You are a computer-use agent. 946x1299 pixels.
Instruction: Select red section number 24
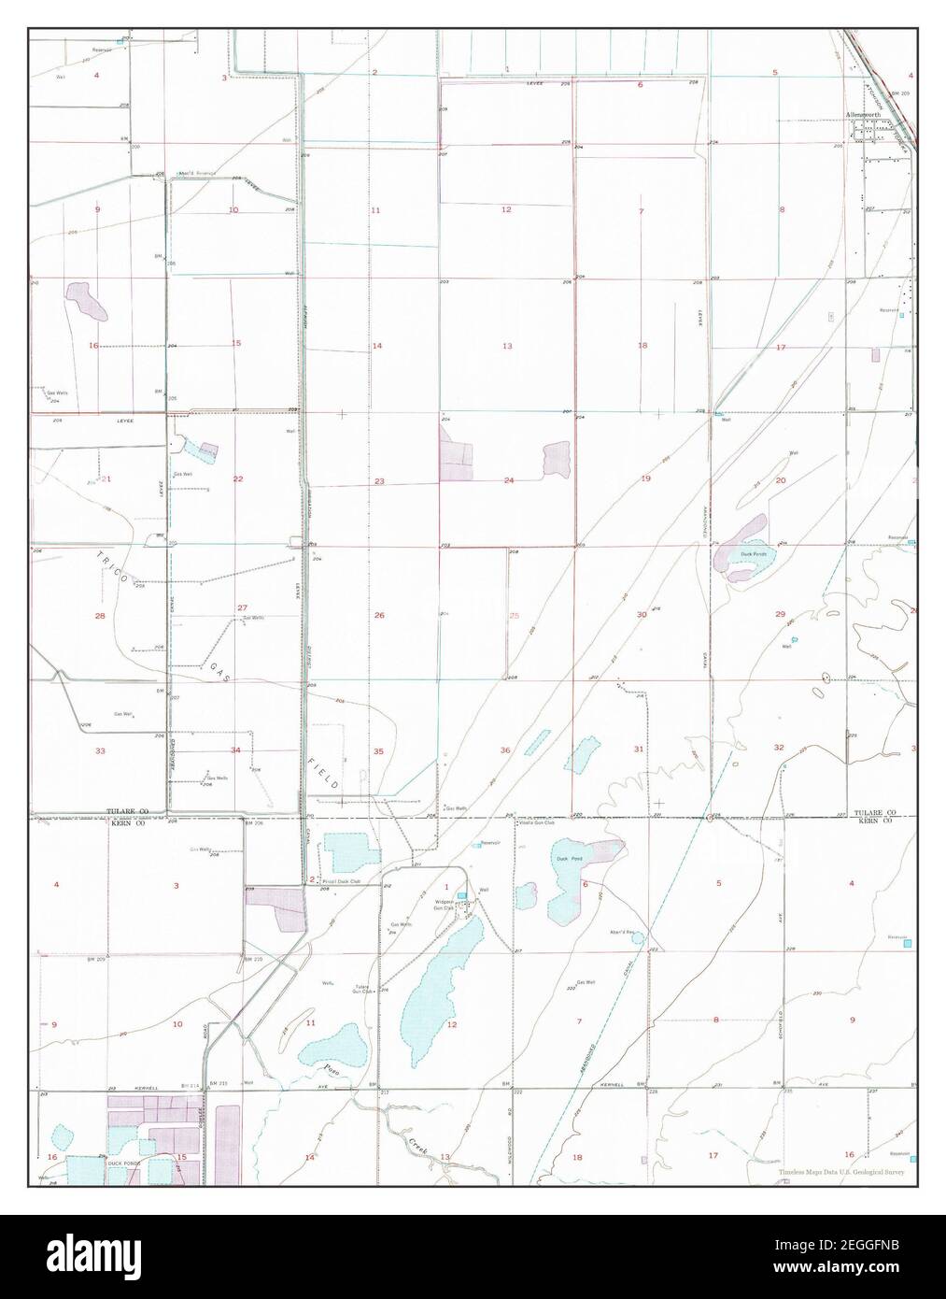click(x=509, y=480)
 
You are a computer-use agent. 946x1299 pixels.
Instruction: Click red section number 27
click(x=242, y=607)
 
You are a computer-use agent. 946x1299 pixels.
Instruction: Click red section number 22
click(x=238, y=478)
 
